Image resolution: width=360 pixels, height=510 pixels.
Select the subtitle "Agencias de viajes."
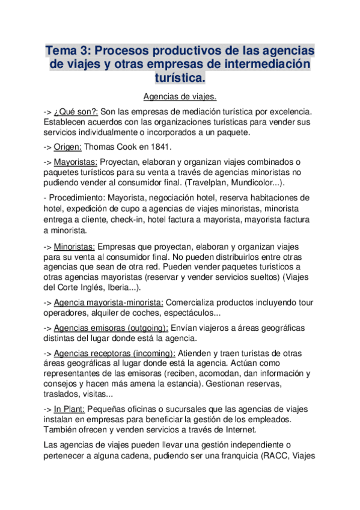point(180,96)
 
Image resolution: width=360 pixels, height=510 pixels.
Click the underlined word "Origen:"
point(67,146)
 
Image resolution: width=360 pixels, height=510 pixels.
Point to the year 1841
point(159,146)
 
